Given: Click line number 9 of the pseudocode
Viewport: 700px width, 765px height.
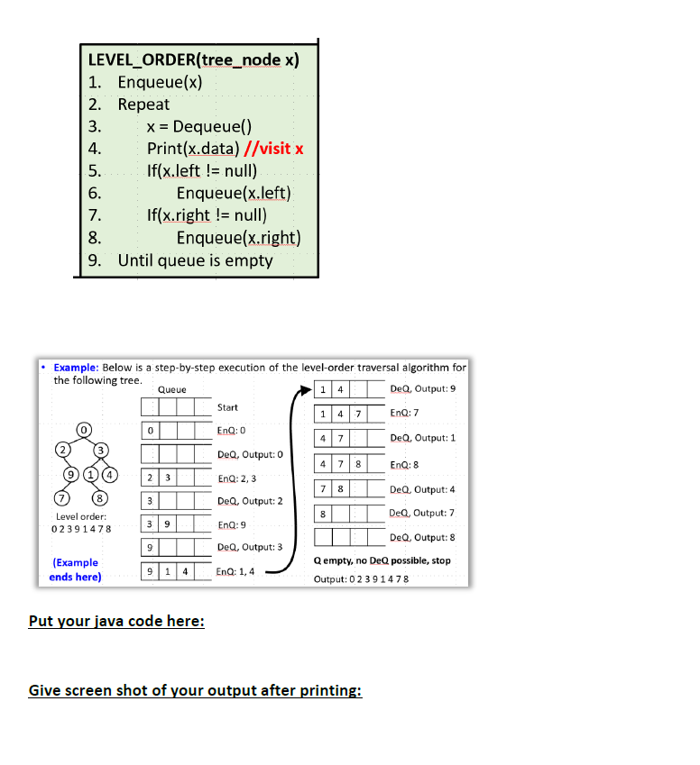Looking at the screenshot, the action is [95, 260].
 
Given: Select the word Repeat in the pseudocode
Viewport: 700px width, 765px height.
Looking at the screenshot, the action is [143, 105].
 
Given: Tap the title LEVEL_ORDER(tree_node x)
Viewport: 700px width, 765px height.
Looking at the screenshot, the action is [194, 60].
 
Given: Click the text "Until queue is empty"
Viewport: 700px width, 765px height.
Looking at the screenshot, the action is [195, 260].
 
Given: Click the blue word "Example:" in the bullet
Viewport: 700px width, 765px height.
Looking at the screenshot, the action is [77, 368].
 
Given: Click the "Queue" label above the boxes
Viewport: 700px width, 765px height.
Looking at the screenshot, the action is [171, 389].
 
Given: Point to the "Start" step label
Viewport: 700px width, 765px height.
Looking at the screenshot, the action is [228, 408].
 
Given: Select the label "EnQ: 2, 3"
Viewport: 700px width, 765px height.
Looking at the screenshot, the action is [237, 478].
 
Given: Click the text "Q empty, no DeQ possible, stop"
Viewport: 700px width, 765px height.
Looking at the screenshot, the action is [382, 560].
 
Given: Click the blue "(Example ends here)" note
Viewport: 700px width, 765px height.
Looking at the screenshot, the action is [75, 569].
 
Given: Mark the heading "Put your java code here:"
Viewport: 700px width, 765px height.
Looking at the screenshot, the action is [116, 621].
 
